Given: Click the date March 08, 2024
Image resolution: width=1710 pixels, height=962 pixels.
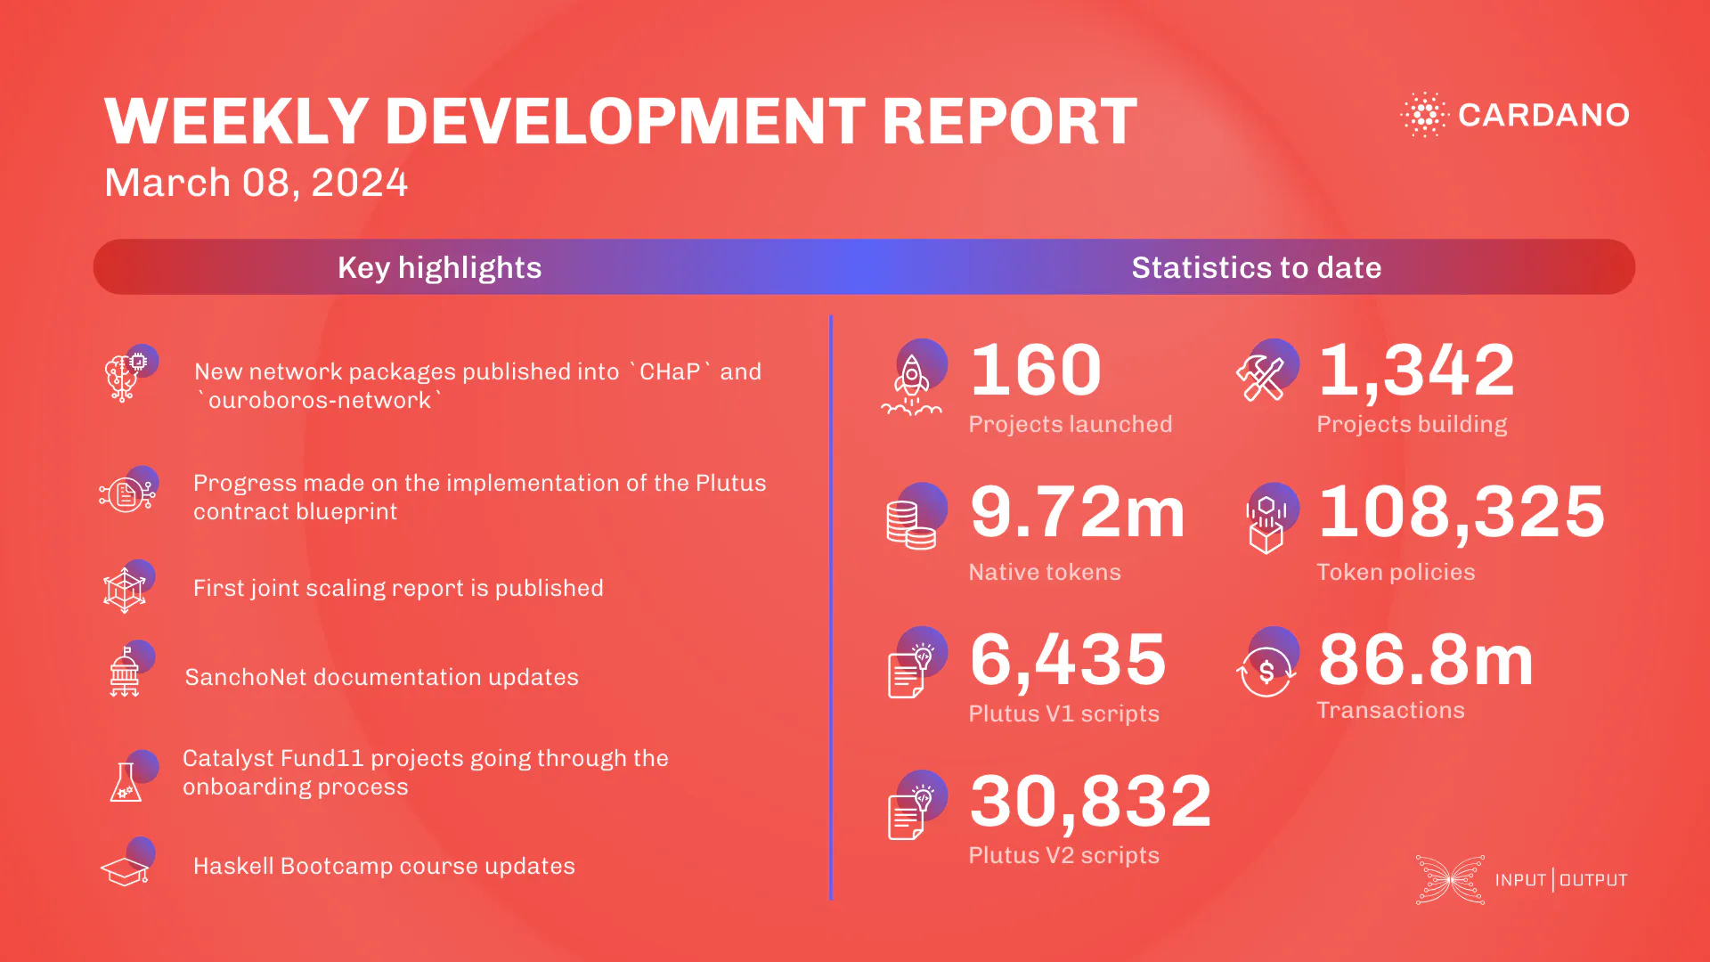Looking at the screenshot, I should pyautogui.click(x=256, y=183).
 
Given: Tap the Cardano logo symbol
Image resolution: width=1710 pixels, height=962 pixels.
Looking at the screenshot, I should pyautogui.click(x=1424, y=114).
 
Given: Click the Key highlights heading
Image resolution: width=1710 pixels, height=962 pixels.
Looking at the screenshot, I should pyautogui.click(x=439, y=267).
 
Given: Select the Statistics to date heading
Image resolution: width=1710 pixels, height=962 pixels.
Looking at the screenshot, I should pyautogui.click(x=1256, y=267).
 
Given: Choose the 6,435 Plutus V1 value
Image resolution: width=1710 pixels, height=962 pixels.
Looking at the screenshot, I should pyautogui.click(x=1068, y=659).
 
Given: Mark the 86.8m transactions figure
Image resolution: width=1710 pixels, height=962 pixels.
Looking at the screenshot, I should pyautogui.click(x=1426, y=659).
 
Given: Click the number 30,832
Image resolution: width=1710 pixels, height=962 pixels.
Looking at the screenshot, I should pyautogui.click(x=1091, y=801).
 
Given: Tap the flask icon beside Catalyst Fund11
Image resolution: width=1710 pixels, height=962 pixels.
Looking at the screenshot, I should pyautogui.click(x=126, y=781).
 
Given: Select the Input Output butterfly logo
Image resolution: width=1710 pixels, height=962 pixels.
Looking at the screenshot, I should pyautogui.click(x=1450, y=880).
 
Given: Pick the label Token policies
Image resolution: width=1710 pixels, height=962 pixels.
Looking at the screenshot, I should pyautogui.click(x=1396, y=572).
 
